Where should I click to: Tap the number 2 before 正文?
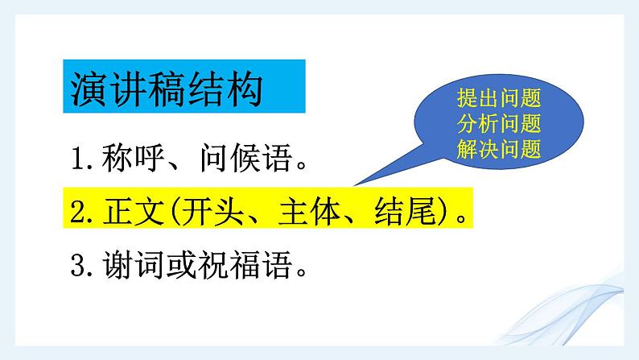tap(77, 214)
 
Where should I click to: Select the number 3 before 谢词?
tap(77, 265)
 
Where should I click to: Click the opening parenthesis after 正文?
tap(171, 214)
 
